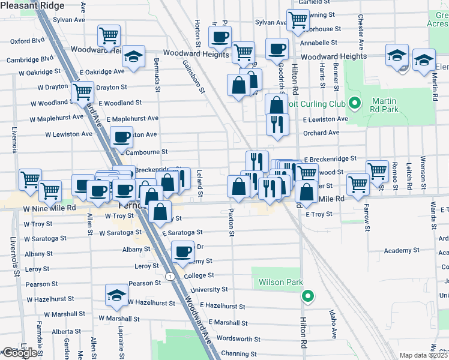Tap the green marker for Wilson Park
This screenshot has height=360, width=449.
[308, 295]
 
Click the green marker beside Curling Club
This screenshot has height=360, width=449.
[354, 104]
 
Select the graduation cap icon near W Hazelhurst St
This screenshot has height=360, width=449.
[116, 294]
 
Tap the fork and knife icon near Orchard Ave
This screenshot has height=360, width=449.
[277, 124]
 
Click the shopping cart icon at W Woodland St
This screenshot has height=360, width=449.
[82, 92]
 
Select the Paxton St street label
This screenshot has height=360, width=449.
[231, 222]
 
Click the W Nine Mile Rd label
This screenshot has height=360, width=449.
[50, 208]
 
